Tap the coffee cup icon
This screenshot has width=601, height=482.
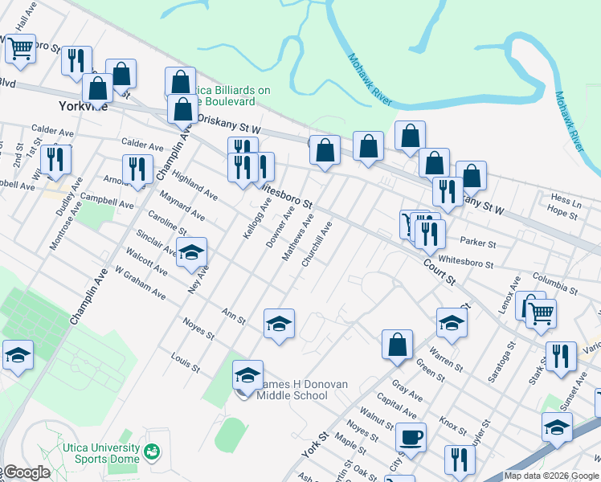411,438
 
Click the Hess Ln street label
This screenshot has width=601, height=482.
566,198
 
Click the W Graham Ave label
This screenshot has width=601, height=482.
140,284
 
